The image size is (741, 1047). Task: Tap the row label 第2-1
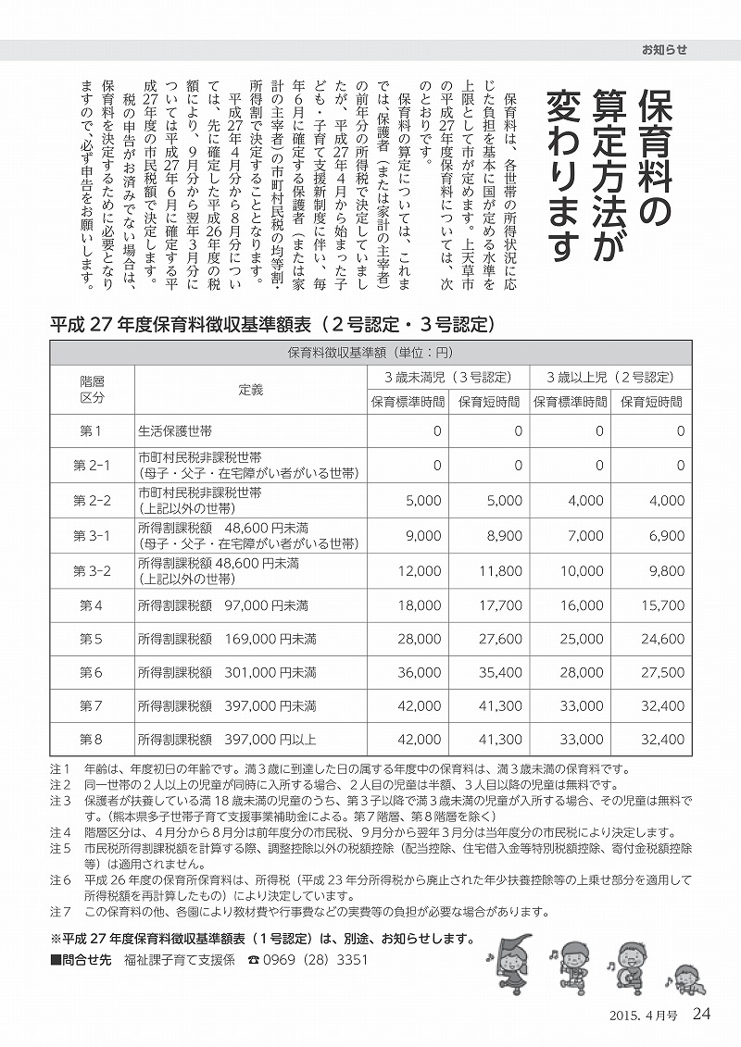(x=92, y=466)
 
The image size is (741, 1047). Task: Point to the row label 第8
(x=92, y=740)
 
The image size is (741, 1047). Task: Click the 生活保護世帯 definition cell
(x=175, y=431)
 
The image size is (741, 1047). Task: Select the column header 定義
(x=250, y=388)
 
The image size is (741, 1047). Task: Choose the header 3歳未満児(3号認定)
(x=449, y=378)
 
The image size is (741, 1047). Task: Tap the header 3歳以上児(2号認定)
(x=609, y=378)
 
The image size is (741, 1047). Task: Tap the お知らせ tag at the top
(x=664, y=50)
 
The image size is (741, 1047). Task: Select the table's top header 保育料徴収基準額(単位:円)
(x=370, y=353)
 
